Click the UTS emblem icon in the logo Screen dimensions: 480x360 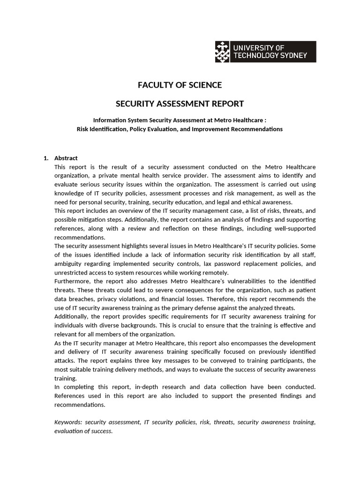pyautogui.click(x=223, y=52)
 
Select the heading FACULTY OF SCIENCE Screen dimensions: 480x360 pyautogui.click(x=180, y=85)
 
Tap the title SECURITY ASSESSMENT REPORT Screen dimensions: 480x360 pyautogui.click(x=180, y=104)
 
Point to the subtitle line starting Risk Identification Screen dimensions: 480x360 pyautogui.click(x=180, y=129)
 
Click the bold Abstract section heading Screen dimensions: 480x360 pyautogui.click(x=66, y=158)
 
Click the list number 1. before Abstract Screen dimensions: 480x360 pyautogui.click(x=46, y=158)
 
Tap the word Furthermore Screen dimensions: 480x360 pyautogui.click(x=74, y=281)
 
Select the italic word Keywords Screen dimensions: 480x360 pyautogui.click(x=68, y=422)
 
